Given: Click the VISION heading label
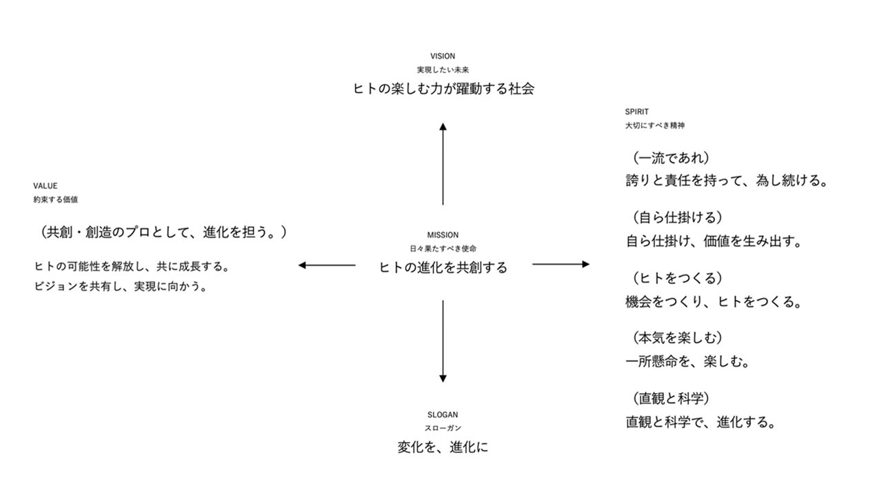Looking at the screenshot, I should coord(443,56).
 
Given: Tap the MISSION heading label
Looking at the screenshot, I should coord(443,235).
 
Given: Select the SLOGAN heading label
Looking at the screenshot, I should coord(443,415).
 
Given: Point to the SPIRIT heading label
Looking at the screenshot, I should coord(636,112).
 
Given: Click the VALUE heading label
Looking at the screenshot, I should coord(46,186).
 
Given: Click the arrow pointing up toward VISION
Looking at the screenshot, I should coord(443,163).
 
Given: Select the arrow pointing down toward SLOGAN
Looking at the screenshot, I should coord(443,341).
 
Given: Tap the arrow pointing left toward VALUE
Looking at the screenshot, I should coord(327,265).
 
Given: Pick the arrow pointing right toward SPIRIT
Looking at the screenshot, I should coord(561,264).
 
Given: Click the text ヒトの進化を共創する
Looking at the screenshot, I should coord(443,268).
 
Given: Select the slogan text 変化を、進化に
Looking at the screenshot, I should coord(443,447).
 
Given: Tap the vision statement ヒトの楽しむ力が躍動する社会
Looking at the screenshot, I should coord(443,88).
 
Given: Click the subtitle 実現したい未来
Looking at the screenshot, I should coord(443,70).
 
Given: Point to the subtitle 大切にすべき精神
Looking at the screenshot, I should coord(654,125).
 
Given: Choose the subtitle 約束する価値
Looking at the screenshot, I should coord(55,200).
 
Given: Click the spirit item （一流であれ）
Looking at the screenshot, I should coord(672,158).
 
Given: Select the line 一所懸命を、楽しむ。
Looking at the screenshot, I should coord(687,361).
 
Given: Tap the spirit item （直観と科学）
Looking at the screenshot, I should coord(672,398).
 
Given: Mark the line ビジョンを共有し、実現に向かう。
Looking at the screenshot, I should coord(121,286).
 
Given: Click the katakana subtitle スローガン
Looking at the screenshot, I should coord(443,428).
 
